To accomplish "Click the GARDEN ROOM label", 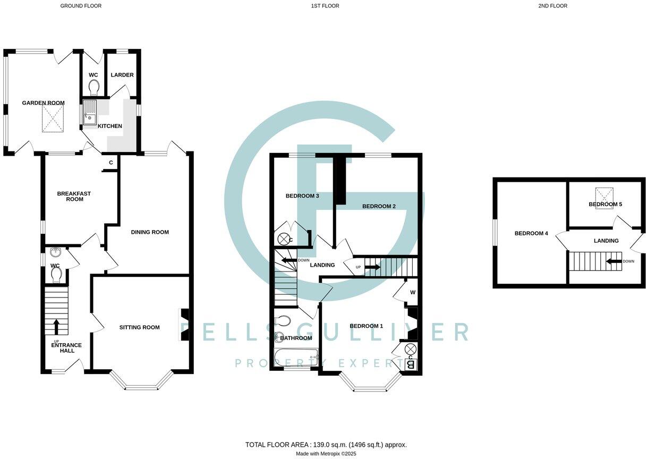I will point(43,103).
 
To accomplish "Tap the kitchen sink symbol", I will point(89,113).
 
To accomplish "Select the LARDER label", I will point(122,75).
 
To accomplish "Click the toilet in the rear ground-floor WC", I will point(93,87).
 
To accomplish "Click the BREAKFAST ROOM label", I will point(74,196).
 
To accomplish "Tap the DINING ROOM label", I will point(150,232).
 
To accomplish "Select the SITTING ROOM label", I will point(139,327).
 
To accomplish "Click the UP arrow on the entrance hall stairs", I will point(56,327).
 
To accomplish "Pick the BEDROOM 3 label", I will point(302,196).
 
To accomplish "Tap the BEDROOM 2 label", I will point(379,206).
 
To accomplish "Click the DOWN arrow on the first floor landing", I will point(288,260).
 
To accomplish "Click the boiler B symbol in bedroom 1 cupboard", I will point(410,365).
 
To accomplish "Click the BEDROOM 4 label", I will point(531,233).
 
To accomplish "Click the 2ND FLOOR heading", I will point(552,6).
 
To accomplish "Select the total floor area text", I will point(326,445).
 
